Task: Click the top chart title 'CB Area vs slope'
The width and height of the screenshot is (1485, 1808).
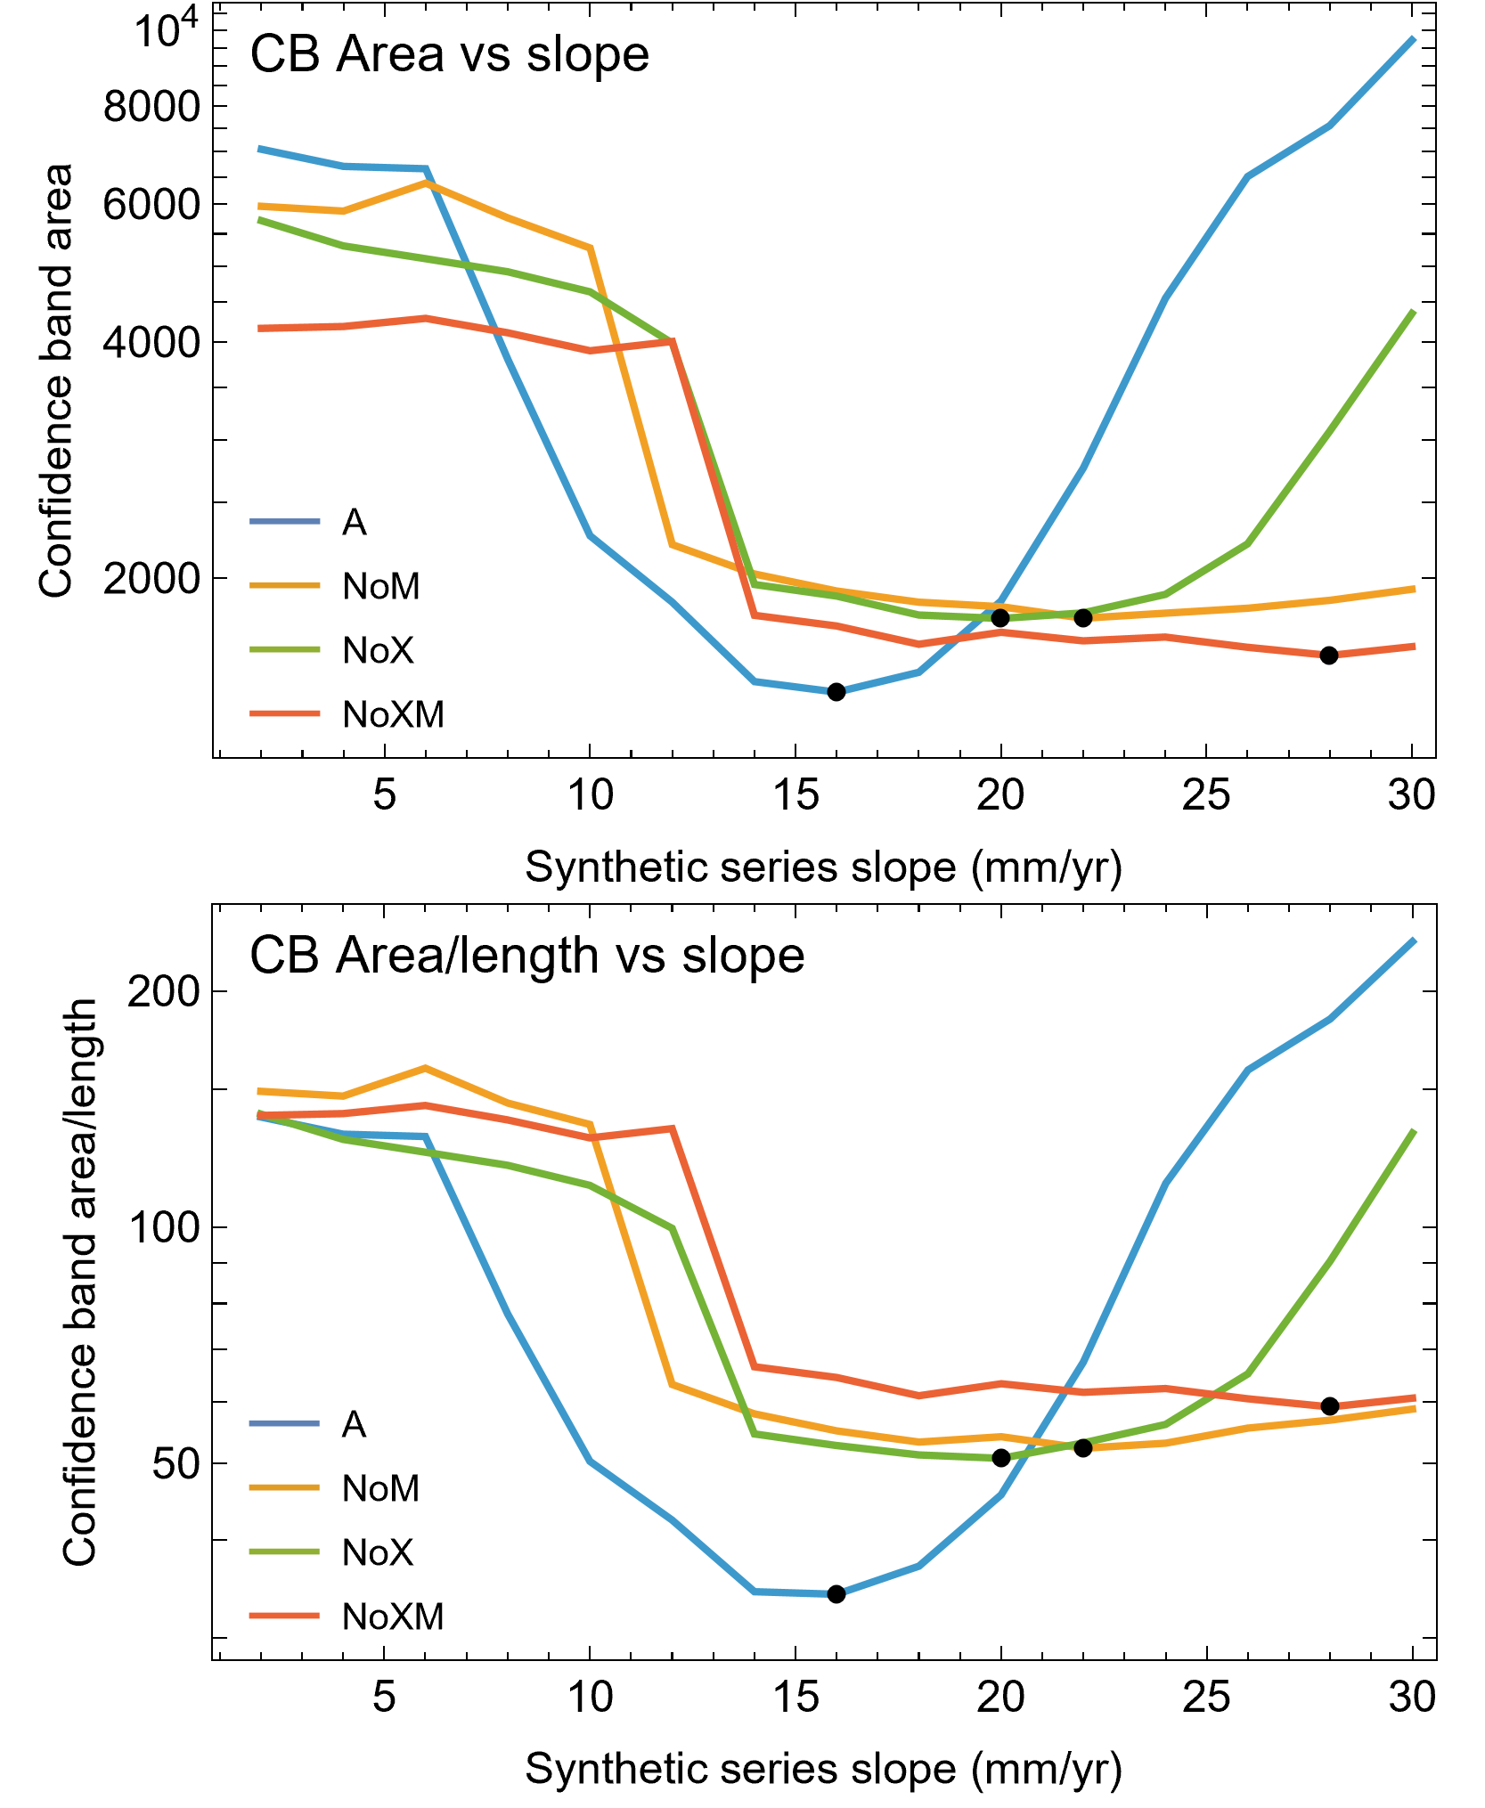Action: point(449,55)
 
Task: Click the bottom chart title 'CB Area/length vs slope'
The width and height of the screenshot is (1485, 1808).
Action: point(526,957)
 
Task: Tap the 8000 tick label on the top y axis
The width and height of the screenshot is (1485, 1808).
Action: point(151,107)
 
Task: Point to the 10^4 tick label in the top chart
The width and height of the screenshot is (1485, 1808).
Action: point(164,30)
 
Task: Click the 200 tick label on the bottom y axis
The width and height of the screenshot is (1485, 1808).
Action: point(164,991)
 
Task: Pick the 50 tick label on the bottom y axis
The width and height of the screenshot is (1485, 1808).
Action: point(175,1463)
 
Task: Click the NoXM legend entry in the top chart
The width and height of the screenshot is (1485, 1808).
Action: point(393,714)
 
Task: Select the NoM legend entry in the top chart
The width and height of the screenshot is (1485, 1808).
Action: point(380,586)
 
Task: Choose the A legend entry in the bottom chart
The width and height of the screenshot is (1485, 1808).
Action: point(354,1424)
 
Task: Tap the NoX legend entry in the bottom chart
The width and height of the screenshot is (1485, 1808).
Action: point(378,1552)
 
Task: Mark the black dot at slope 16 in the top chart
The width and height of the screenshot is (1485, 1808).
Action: point(836,692)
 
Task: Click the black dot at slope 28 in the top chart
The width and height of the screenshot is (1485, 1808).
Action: point(1328,656)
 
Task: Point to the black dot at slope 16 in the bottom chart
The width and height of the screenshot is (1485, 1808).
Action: point(836,1594)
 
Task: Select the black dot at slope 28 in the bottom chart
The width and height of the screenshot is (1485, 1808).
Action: point(1329,1406)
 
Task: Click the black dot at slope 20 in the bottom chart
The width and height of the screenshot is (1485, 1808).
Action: point(1000,1458)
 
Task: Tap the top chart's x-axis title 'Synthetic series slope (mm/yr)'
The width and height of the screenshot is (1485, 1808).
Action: point(823,867)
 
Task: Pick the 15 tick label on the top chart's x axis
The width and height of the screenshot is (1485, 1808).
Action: point(796,795)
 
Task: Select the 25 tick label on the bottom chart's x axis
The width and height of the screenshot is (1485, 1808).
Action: point(1206,1698)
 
